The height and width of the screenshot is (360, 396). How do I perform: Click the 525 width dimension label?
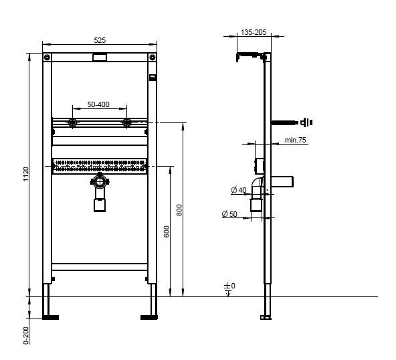coord(100,39)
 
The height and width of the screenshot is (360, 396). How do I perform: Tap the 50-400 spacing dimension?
coord(100,104)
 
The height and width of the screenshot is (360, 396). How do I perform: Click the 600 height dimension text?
coord(166,231)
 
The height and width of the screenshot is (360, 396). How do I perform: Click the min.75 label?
coord(295,140)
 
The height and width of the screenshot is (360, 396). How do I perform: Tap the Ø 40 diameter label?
coord(238,191)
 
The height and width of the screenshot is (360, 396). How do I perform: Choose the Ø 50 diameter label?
coord(229,214)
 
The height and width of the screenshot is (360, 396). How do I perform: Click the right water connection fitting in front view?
coord(125,122)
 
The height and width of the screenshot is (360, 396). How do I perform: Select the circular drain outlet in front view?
coord(100,181)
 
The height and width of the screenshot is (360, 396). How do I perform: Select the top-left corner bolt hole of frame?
coord(47,58)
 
